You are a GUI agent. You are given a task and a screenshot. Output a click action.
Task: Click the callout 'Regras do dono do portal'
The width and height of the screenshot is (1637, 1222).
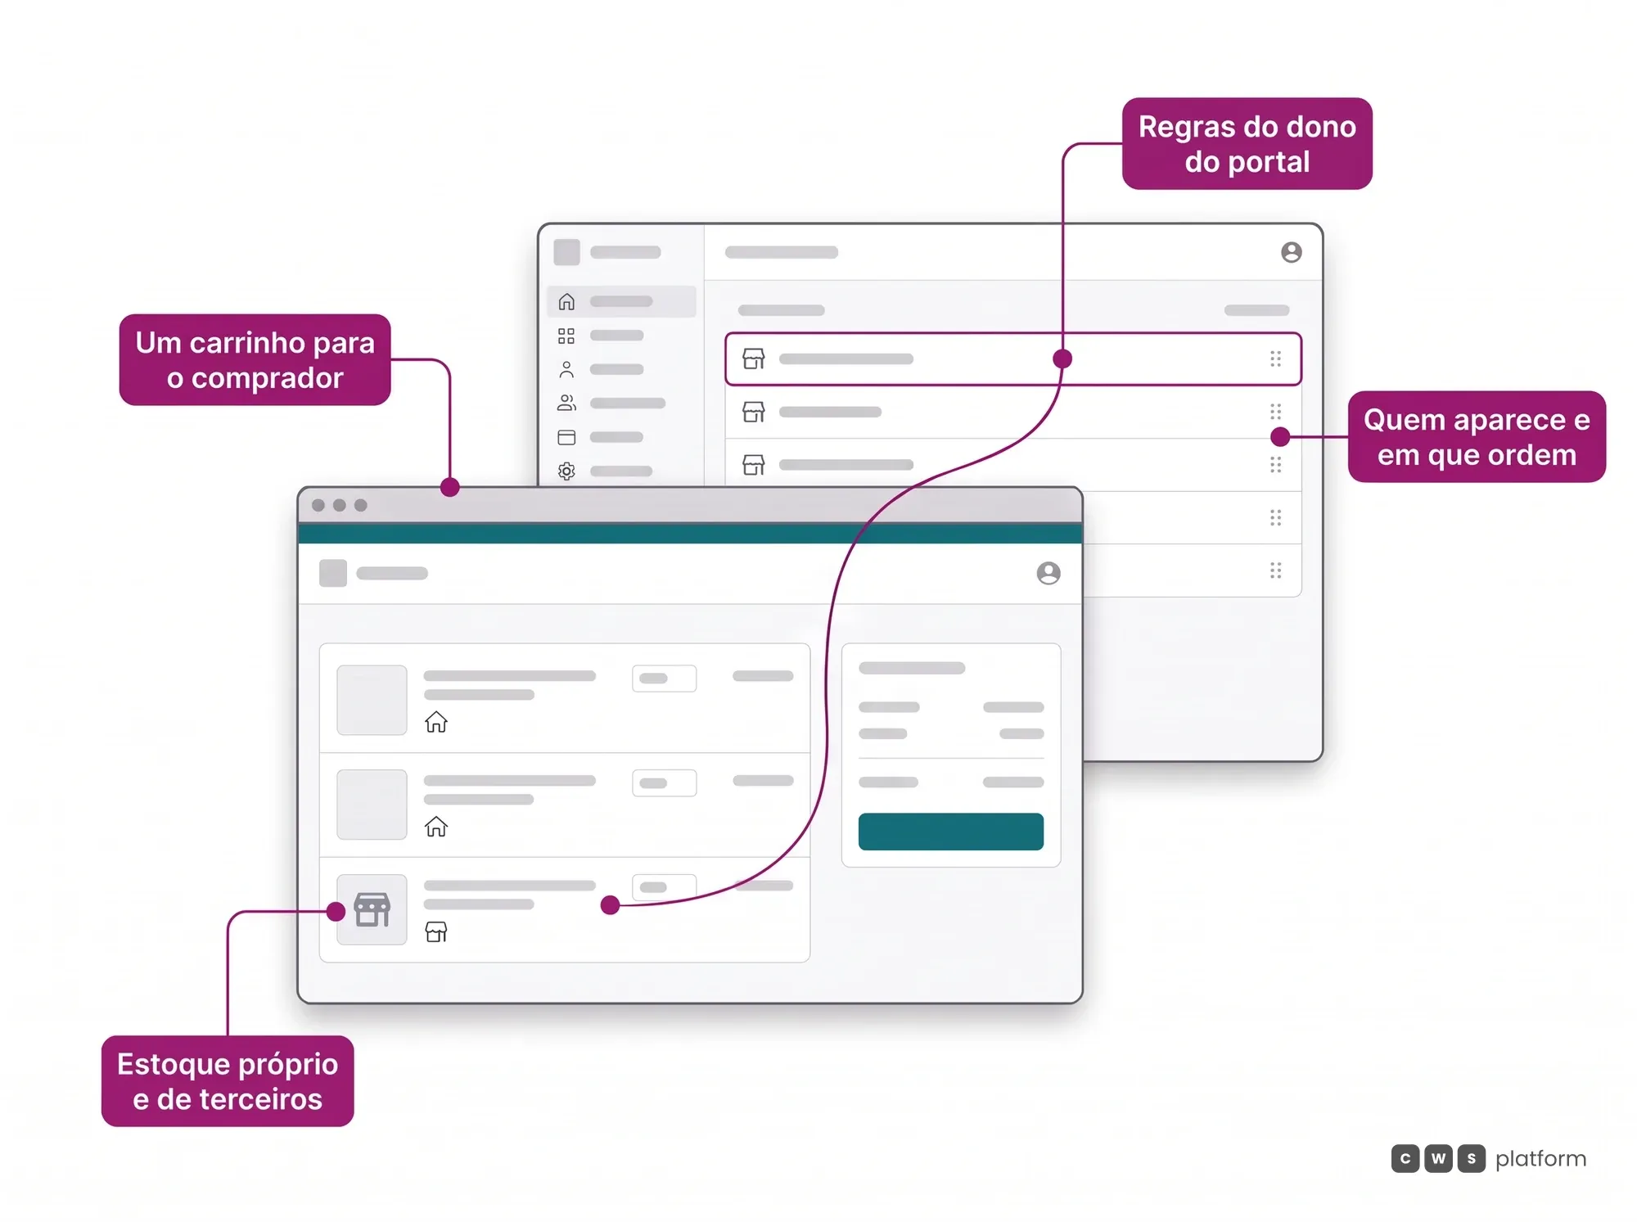(x=1247, y=144)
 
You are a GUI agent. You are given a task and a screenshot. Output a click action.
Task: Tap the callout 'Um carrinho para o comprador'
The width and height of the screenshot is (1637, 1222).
(x=255, y=360)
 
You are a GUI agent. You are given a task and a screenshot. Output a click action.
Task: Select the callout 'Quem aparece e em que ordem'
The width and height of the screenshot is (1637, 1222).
(x=1477, y=437)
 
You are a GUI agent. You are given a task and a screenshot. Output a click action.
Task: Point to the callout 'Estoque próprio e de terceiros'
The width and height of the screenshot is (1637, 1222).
(x=228, y=1081)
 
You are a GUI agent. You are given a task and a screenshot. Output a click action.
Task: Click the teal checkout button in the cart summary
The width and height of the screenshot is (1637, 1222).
(x=950, y=832)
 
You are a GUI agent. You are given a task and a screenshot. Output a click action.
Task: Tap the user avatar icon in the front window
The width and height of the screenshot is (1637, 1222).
(x=1048, y=573)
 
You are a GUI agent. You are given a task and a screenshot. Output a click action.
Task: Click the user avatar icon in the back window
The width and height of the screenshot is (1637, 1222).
(x=1292, y=252)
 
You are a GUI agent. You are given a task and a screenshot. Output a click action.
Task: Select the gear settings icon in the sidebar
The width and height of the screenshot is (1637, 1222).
(x=566, y=471)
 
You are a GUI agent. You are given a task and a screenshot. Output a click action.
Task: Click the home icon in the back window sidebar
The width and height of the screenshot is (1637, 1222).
(x=566, y=301)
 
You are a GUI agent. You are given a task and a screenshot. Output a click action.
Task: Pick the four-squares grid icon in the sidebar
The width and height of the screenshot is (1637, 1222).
(x=566, y=336)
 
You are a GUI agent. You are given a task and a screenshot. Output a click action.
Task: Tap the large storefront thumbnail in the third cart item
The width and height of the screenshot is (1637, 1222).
(x=372, y=909)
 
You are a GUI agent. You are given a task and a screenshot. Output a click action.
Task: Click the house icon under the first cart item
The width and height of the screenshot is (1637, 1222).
(x=436, y=722)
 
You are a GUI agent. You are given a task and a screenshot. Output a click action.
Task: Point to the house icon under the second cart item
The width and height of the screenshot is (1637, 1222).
(x=436, y=827)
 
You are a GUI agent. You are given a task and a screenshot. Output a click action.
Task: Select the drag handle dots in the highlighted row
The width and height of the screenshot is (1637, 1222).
(x=1275, y=358)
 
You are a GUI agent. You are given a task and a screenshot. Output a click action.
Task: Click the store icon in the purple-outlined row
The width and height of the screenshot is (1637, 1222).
(x=754, y=358)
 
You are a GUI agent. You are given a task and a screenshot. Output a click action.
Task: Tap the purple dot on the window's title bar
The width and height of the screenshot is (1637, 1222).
(x=449, y=488)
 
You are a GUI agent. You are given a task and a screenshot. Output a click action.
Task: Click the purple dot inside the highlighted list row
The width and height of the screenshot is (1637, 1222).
(x=1062, y=358)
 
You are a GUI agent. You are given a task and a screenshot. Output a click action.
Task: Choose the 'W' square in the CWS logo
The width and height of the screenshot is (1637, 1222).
(x=1438, y=1158)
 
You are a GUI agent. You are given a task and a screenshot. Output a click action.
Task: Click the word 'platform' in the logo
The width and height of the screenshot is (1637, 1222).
(x=1540, y=1159)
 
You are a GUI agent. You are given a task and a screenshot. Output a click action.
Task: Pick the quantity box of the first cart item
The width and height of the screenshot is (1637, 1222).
(x=664, y=679)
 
